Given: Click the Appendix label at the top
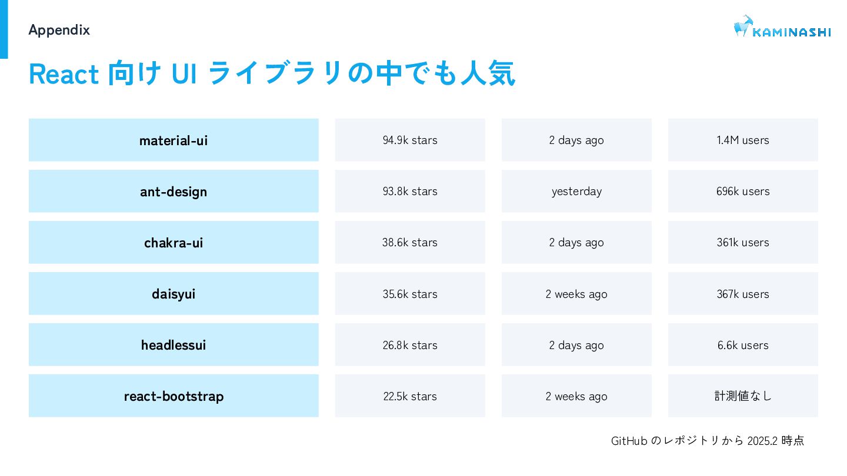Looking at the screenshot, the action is pos(59,30).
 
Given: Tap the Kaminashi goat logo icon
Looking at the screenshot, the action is pos(743,26).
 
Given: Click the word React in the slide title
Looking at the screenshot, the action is pos(64,74).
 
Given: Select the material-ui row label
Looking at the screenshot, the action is pos(174,140).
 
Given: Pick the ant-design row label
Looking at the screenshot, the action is pos(174,191).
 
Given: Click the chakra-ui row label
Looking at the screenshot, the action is pos(174,242).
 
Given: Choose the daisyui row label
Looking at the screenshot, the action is pos(174,294).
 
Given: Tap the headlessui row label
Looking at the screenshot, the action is pos(174,344).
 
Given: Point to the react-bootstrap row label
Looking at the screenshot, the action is pos(174,396).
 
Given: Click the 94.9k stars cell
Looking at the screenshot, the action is pos(410,140).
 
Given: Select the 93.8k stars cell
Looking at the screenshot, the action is pos(410,191).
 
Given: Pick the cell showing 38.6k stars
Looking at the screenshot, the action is pos(410,242).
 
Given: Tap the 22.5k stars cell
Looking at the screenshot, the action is pos(410,396).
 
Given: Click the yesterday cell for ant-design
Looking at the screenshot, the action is pos(576,191).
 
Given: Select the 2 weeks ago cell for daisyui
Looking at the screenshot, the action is pos(576,294).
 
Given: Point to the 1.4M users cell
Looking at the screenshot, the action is pos(743,140).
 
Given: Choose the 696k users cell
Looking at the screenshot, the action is pos(743,191).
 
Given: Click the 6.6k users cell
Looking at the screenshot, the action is pos(743,344).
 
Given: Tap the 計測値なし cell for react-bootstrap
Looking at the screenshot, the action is pos(743,396).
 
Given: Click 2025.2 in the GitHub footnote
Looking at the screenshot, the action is pos(762,441).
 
